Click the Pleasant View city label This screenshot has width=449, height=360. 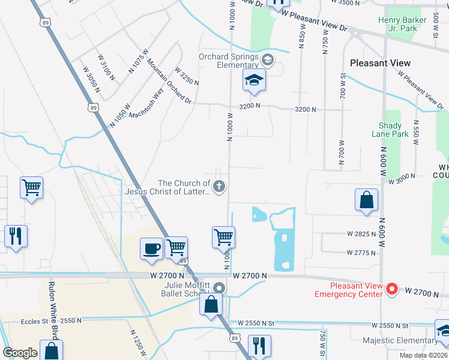pos(380,63)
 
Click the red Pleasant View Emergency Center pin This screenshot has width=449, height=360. pos(392,290)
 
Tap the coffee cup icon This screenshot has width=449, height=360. pos(151,248)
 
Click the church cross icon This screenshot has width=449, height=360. pos(219,187)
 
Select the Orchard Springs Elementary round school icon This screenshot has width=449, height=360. pos(267,59)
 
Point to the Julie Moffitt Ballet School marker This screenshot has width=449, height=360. pos(220,288)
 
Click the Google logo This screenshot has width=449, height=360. pos(20,353)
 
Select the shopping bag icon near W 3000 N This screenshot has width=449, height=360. pos(366,200)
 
